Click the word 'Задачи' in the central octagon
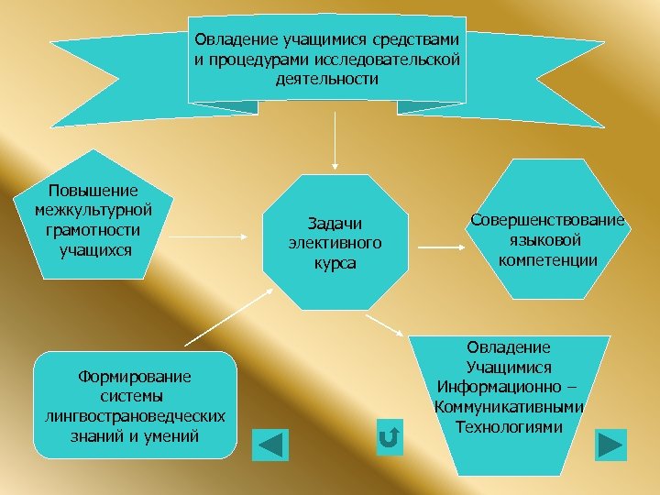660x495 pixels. click(335, 224)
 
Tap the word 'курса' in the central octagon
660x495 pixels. click(335, 264)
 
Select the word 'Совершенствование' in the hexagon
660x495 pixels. click(547, 220)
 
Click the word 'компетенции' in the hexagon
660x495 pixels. click(548, 260)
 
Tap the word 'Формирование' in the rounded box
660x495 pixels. click(135, 376)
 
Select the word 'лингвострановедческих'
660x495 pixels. click(135, 416)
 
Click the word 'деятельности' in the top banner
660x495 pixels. click(326, 80)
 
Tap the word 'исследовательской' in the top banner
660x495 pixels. click(384, 60)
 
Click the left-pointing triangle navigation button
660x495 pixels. click(269, 445)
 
